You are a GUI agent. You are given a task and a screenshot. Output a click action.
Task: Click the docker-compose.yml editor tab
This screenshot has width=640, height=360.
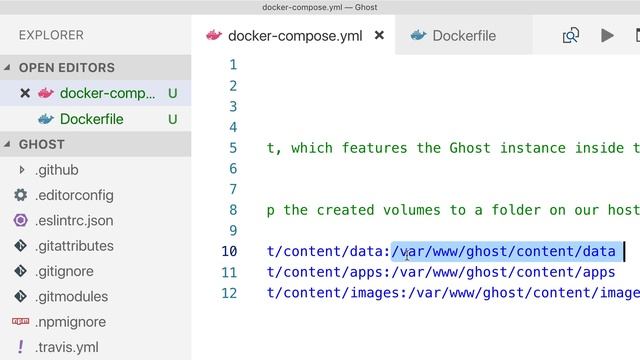coord(294,36)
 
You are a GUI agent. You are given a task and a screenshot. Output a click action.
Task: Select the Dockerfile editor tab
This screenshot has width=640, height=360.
coord(463,36)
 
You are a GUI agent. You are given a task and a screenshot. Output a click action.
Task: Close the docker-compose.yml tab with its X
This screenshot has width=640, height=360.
coord(379,36)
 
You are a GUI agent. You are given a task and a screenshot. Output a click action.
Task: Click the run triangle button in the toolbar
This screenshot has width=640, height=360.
coord(607,36)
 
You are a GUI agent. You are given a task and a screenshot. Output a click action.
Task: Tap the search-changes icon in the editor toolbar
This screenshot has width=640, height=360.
coord(571,36)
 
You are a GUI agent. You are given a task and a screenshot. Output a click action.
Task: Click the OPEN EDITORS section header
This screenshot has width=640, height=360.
coord(67,68)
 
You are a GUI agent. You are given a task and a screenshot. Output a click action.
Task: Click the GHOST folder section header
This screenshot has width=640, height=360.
coord(42,145)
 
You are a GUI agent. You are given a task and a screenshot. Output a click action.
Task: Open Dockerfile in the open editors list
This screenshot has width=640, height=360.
coord(91,119)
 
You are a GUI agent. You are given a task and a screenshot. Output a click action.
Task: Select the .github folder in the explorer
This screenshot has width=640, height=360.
coord(56,170)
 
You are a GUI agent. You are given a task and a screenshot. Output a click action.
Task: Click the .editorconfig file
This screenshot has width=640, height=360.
coord(74,195)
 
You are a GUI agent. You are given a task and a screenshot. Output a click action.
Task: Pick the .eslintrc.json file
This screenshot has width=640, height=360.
coord(74,221)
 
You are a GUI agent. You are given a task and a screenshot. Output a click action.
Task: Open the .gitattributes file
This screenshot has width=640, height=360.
coord(74,246)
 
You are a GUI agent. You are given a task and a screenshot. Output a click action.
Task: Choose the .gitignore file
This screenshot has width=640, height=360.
coord(66,271)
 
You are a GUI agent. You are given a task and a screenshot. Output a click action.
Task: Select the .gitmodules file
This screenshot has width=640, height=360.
coord(72,297)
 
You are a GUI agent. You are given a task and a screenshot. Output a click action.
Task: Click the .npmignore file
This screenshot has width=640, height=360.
coord(70,322)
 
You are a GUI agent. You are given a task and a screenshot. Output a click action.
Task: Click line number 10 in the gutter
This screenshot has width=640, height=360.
coord(230,251)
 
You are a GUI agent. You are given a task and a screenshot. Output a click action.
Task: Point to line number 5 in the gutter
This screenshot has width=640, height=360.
coord(233,148)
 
